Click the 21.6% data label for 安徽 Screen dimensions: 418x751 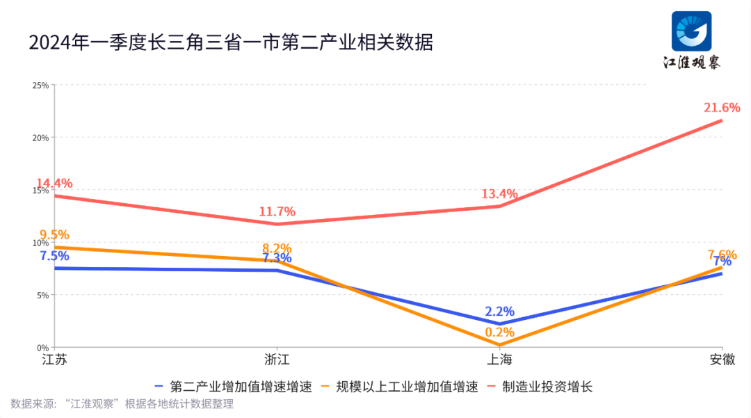pyautogui.click(x=722, y=108)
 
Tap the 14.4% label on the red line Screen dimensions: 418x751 pyautogui.click(x=54, y=184)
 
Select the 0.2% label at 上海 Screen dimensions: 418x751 pyautogui.click(x=500, y=332)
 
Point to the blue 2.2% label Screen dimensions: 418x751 pyautogui.click(x=500, y=312)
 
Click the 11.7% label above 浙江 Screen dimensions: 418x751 pyautogui.click(x=277, y=211)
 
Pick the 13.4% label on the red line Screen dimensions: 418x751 pyautogui.click(x=499, y=194)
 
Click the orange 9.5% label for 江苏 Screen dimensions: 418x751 pyautogui.click(x=54, y=235)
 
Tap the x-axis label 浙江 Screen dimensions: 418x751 pyautogui.click(x=277, y=360)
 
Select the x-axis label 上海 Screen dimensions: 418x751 pyautogui.click(x=499, y=360)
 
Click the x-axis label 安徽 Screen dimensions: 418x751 pyautogui.click(x=722, y=360)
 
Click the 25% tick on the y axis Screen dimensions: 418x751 pyautogui.click(x=40, y=85)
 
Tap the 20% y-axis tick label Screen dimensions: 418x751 pyautogui.click(x=40, y=138)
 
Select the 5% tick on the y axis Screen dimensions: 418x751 pyautogui.click(x=42, y=295)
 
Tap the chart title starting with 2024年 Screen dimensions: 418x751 pyautogui.click(x=232, y=42)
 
